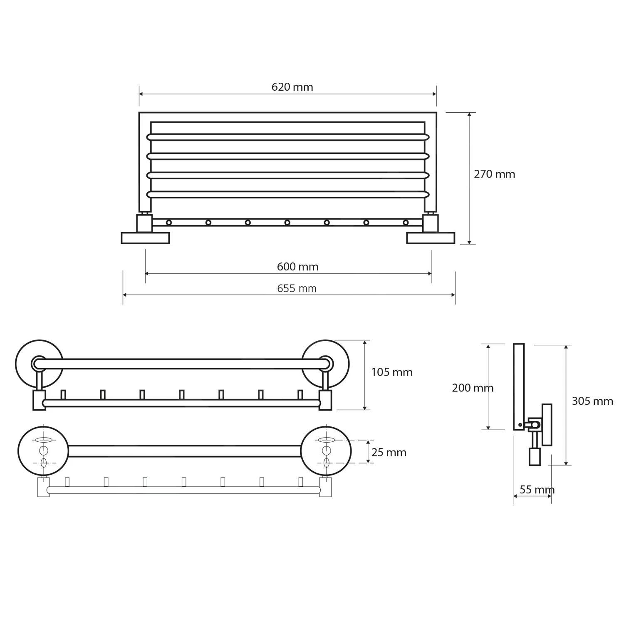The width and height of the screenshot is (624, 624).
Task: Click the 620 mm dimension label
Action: pos(292,87)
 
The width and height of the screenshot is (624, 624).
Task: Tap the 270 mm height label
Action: pos(494,174)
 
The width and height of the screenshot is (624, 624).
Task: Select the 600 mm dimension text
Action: pos(297,267)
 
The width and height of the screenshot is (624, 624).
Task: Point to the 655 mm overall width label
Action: pos(297,288)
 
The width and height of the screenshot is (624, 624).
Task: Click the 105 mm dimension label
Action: pos(392,372)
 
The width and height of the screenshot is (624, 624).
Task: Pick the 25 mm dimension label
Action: pos(389,452)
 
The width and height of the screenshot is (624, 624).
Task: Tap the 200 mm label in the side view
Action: pos(473,388)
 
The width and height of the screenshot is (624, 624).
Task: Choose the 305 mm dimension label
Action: pos(592,401)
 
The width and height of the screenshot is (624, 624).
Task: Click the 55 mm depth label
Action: pos(537,490)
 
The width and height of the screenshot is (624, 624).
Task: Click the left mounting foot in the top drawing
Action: pos(145,238)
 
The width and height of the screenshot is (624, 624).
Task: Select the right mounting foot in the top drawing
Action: pos(431,238)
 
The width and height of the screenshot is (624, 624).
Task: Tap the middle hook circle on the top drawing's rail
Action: pos(287,223)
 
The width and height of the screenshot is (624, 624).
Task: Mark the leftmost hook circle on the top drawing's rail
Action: pos(168,223)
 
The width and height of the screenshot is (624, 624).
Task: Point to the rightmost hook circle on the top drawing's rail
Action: pos(406,223)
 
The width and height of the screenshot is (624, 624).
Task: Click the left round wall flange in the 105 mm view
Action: pos(39,364)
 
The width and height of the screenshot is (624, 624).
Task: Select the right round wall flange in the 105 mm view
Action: pos(326,364)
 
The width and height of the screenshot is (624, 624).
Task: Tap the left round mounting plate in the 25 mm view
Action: pos(43,451)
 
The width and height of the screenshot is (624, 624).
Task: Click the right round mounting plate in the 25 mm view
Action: pos(326,451)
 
